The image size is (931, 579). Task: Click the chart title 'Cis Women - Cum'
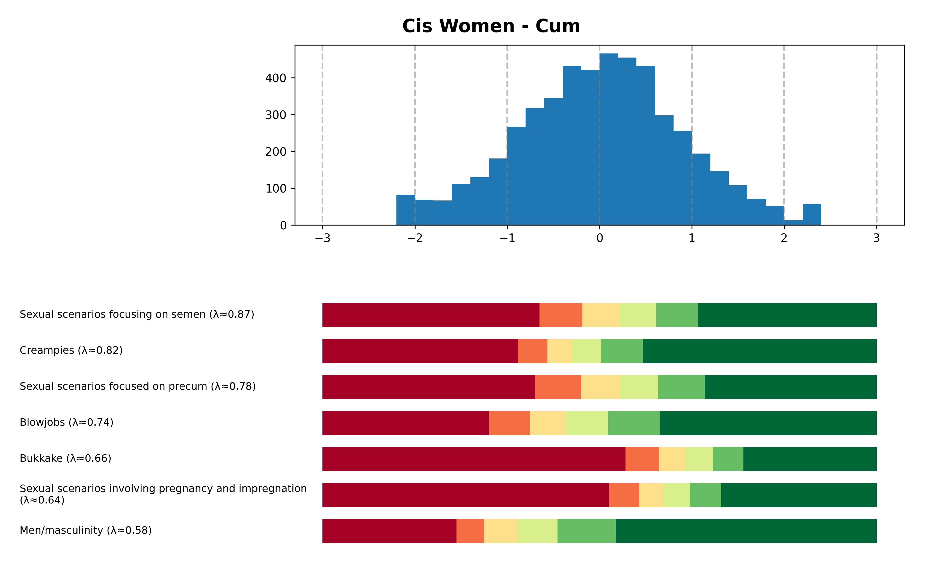tap(491, 26)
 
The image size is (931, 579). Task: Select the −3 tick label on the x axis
tap(322, 238)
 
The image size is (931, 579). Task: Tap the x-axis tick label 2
tap(784, 238)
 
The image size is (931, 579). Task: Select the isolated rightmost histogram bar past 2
tap(812, 214)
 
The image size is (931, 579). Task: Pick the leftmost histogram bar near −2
tap(405, 210)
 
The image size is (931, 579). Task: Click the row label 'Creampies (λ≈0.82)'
tap(71, 350)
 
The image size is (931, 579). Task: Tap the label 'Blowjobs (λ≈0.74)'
tap(67, 422)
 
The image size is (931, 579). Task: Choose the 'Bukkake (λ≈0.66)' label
tap(66, 458)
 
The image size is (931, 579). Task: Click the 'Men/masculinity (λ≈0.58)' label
tap(86, 530)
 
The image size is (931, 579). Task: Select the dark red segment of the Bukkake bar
tap(474, 459)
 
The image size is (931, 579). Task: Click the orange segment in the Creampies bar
tap(532, 351)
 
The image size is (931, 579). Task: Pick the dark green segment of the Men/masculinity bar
tap(746, 531)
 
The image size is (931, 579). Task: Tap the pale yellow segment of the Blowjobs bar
tap(548, 423)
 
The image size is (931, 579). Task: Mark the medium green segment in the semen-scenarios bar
tap(677, 315)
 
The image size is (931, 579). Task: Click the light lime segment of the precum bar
tap(639, 387)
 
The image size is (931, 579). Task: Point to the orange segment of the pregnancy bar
tap(624, 495)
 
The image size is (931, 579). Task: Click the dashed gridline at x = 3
tap(876, 134)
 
